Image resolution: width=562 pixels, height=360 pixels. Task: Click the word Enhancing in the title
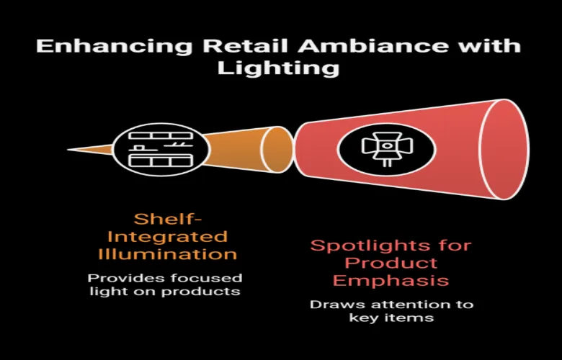(115, 46)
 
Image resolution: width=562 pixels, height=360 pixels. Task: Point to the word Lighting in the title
(279, 68)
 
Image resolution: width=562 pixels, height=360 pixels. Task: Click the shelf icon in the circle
(161, 149)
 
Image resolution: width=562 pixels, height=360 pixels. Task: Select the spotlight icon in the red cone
(387, 149)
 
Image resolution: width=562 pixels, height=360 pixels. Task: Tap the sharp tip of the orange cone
(68, 149)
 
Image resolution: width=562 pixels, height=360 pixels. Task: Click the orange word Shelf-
(168, 219)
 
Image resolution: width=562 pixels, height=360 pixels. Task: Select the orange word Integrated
(167, 237)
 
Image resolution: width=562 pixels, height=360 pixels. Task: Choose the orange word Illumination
(168, 254)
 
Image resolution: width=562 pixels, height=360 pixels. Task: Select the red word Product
(391, 263)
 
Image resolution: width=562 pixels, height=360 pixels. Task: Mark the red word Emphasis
(391, 281)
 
